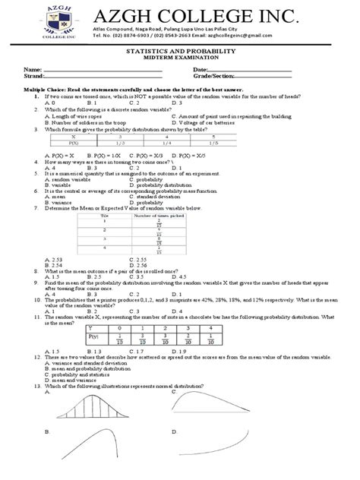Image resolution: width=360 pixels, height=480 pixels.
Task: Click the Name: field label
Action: click(31, 69)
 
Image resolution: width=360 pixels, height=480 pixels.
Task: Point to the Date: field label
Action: click(201, 69)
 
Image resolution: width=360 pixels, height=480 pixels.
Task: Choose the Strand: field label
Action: click(33, 76)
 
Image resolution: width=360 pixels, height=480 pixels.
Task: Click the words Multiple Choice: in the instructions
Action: click(44, 89)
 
